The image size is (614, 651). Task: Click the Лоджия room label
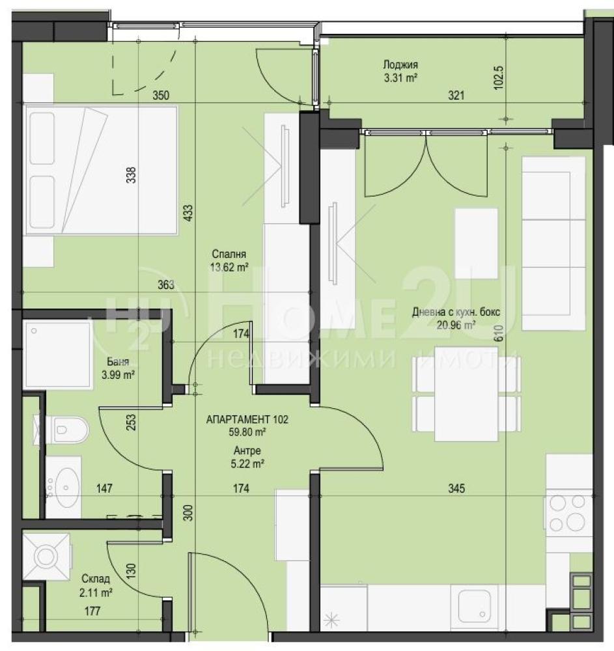click(x=400, y=64)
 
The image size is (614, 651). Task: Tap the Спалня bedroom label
click(x=229, y=254)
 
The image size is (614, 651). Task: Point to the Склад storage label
click(x=96, y=579)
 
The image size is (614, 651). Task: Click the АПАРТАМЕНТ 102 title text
click(x=247, y=419)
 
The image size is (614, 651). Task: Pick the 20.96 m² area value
click(x=456, y=325)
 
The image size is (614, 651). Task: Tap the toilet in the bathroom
click(x=63, y=429)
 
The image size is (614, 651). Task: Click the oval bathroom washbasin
click(x=66, y=488)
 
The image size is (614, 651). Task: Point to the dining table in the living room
click(x=466, y=394)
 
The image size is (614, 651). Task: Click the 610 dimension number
click(x=499, y=333)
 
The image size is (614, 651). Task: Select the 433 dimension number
click(x=188, y=213)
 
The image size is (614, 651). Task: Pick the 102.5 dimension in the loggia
click(x=499, y=77)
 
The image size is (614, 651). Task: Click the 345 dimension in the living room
click(x=456, y=489)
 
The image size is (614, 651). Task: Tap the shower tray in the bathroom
click(x=58, y=355)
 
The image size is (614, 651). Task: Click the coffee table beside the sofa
click(x=476, y=243)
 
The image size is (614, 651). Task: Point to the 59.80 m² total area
click(x=247, y=432)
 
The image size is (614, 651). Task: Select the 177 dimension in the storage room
click(x=92, y=611)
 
